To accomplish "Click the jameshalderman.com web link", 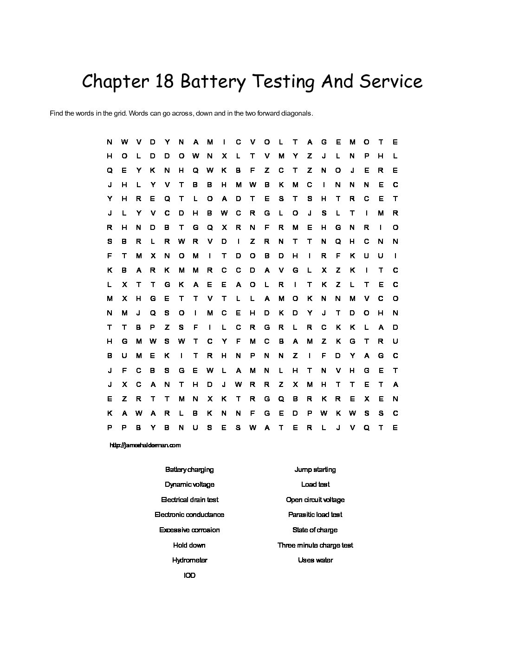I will pos(145,445).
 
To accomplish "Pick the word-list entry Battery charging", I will pos(189,470).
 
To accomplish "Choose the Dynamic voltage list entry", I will pos(189,484).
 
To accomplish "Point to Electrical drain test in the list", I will pos(189,500).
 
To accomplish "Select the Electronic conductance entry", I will pos(189,515).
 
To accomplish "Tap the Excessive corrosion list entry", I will pos(189,530).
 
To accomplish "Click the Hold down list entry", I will pos(189,545).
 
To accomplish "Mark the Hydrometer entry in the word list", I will pos(189,560).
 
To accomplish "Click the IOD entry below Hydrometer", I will pos(189,576).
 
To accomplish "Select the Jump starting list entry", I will pos(315,470).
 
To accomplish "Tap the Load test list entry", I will pos(315,484).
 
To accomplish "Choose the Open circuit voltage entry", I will pos(315,500).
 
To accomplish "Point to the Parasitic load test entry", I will pos(315,515).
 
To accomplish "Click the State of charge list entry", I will pos(315,530).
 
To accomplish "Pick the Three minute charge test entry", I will pos(315,545).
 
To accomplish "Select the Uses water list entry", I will pos(315,560).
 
